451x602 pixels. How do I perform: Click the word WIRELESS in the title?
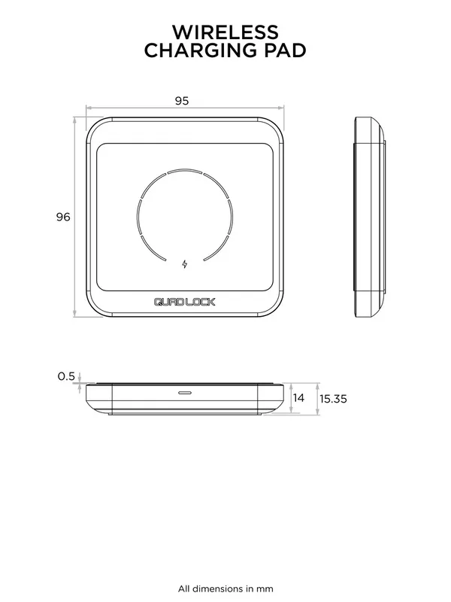[x=225, y=32]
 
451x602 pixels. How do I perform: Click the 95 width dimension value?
[x=182, y=101]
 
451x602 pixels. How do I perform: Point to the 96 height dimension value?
[x=63, y=217]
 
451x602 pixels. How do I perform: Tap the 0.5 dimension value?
[x=66, y=376]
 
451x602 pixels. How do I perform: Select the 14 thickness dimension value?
[x=298, y=398]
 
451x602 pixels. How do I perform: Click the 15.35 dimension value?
[x=333, y=399]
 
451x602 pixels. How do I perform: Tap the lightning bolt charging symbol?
[x=185, y=264]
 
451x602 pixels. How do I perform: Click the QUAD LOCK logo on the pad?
[x=184, y=303]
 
